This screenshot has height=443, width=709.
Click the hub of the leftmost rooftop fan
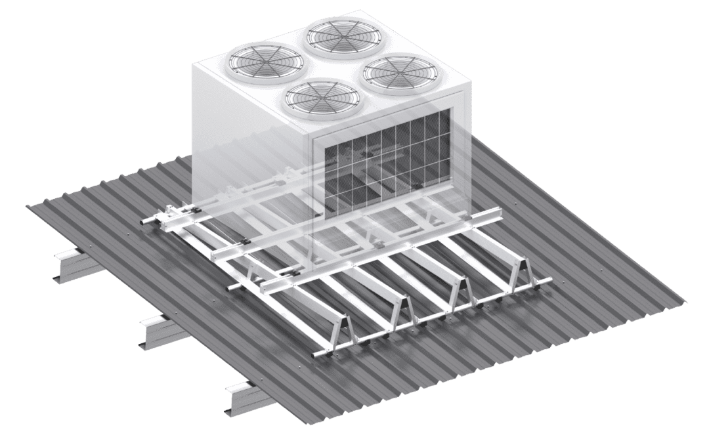tap(253, 57)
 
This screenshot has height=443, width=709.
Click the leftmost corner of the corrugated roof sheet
tap(26, 209)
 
